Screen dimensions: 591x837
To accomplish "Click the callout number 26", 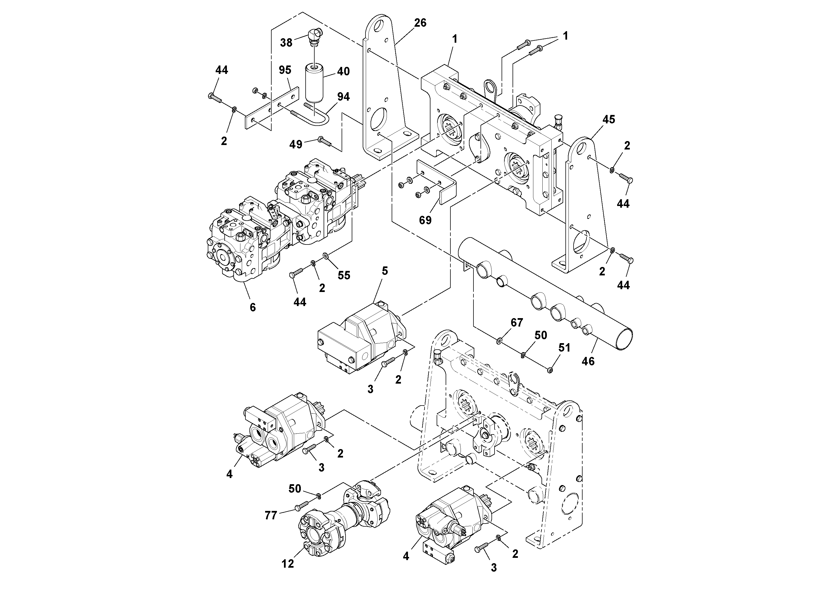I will pos(420,23).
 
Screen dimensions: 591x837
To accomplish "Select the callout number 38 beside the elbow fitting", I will pos(286,43).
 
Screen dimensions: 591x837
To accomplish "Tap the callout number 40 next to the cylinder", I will pos(343,71).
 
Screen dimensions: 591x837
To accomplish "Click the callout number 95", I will pos(285,70).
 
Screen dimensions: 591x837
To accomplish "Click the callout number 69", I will pos(425,220).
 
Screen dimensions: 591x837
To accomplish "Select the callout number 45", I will pos(608,119).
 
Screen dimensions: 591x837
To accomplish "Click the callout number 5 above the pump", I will pos(385,271).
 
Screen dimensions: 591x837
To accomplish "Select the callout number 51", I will pos(564,348).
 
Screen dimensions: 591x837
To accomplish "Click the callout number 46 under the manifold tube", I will pos(588,361).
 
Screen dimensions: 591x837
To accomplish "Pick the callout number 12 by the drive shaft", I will pos(288,564).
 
